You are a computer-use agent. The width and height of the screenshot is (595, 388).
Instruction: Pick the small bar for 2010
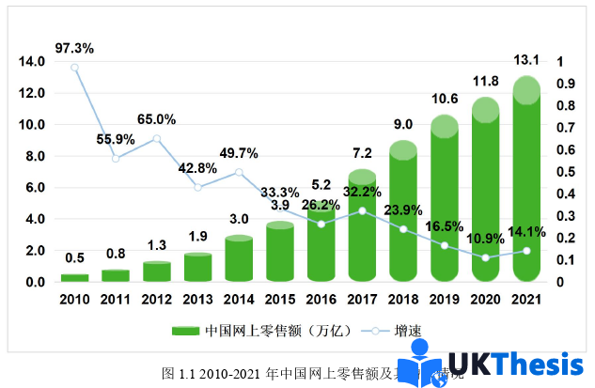74,277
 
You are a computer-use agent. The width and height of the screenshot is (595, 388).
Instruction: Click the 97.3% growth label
74,47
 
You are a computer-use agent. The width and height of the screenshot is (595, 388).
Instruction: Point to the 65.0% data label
156,119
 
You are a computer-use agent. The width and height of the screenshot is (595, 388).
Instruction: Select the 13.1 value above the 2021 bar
526,60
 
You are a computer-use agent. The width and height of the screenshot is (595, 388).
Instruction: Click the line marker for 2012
156,139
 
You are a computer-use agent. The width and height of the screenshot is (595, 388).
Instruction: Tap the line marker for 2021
526,251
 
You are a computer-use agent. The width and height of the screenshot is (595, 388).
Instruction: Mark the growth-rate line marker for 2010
74,68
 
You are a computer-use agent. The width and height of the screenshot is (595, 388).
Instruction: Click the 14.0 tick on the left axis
32,62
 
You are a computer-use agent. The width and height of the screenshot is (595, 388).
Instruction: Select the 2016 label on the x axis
321,300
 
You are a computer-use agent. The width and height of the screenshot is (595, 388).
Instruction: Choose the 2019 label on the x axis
444,300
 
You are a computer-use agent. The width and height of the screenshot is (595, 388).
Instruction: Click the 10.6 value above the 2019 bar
444,99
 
